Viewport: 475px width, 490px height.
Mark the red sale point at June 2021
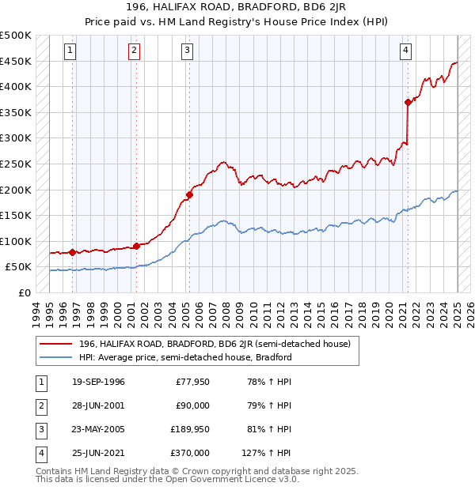[408, 102]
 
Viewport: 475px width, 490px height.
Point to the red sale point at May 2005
[190, 194]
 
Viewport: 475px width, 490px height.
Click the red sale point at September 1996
[73, 252]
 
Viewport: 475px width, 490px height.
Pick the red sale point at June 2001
[136, 246]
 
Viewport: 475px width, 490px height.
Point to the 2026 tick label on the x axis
[470, 311]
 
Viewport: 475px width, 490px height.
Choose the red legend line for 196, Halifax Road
[57, 344]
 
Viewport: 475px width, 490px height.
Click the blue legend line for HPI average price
[57, 357]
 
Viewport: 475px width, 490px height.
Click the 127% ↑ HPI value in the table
[267, 453]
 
